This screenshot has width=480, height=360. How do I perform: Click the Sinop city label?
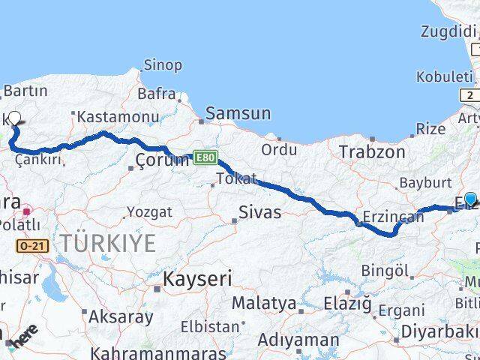[163, 65]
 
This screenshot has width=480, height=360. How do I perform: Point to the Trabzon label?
[366, 151]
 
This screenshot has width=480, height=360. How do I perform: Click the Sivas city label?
[259, 212]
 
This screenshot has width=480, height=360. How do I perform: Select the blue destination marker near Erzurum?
[470, 199]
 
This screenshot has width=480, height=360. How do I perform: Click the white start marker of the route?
[15, 117]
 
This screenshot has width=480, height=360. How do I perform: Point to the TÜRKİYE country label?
[109, 242]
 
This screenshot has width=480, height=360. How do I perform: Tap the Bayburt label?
[425, 181]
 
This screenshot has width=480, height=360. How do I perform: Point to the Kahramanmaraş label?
[140, 352]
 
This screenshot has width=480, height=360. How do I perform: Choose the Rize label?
[430, 128]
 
